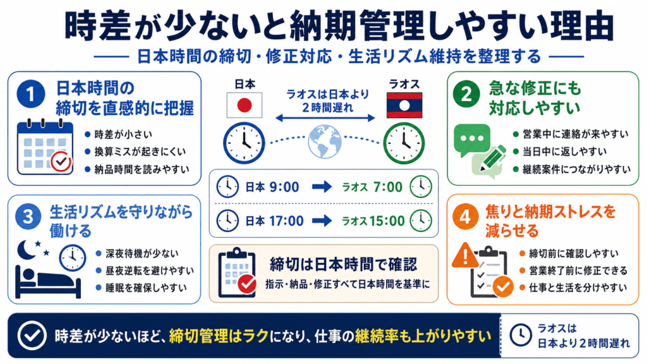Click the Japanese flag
pyautogui.click(x=245, y=106)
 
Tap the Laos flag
pyautogui.click(x=404, y=106)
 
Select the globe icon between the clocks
pyautogui.click(x=324, y=142)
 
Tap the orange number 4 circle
pyautogui.click(x=466, y=216)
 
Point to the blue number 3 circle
pyautogui.click(x=28, y=216)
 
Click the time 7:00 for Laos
pyautogui.click(x=387, y=187)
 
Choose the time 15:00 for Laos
pyautogui.click(x=387, y=221)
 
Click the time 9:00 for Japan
pyautogui.click(x=284, y=187)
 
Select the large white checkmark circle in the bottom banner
pyautogui.click(x=32, y=336)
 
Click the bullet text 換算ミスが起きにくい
pyautogui.click(x=140, y=152)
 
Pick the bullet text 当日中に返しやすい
pyautogui.click(x=564, y=152)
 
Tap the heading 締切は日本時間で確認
pyautogui.click(x=343, y=265)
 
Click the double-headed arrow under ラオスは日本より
pyautogui.click(x=325, y=118)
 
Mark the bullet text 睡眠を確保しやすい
pyautogui.click(x=146, y=288)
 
